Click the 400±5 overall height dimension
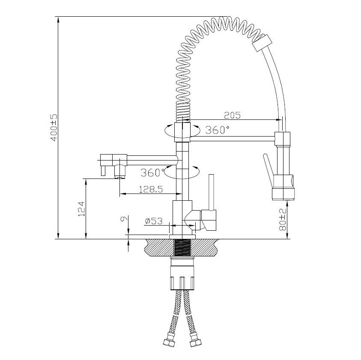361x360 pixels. pos(54,127)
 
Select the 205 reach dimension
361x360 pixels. pos(232,115)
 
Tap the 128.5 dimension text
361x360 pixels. pos(151,189)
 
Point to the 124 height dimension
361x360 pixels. pos(82,209)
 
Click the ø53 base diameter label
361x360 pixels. pos(154,221)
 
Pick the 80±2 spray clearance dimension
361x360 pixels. pos(283,220)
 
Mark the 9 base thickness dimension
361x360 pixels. pos(123,219)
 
